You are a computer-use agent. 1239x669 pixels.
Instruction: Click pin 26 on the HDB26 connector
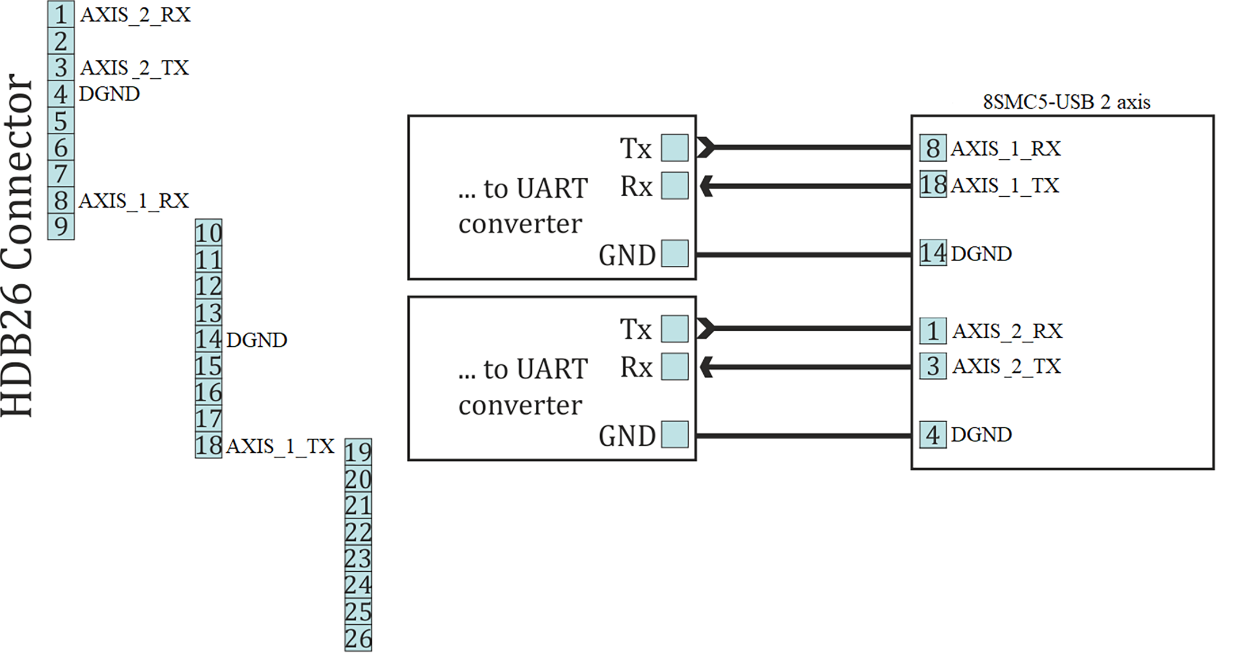click(358, 638)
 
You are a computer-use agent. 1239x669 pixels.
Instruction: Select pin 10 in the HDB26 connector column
click(208, 233)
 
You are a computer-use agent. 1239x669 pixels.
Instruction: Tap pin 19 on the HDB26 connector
click(358, 452)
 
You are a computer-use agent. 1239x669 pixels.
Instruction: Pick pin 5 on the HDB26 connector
click(60, 121)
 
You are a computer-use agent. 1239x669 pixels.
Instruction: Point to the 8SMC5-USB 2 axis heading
click(1066, 102)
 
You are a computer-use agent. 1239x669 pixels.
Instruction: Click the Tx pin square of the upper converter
click(674, 148)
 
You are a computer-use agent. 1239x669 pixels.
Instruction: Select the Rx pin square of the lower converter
click(674, 367)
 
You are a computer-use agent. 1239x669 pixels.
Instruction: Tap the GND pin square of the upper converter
click(674, 254)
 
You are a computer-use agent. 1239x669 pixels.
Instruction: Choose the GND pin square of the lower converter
click(674, 434)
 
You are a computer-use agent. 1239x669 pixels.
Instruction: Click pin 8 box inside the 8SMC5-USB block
click(933, 148)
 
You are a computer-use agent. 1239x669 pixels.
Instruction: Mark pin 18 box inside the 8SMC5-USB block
click(933, 185)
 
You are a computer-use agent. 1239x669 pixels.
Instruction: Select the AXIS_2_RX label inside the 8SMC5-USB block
click(1007, 331)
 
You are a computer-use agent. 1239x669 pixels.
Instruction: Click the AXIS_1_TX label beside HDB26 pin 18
click(280, 446)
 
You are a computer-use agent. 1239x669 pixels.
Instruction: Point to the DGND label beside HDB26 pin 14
click(257, 340)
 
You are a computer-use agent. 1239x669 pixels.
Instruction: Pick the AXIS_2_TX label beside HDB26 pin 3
click(135, 68)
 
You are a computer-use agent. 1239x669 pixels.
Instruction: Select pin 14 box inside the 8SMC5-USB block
click(933, 253)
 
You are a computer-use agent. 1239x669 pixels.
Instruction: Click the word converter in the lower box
click(520, 406)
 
